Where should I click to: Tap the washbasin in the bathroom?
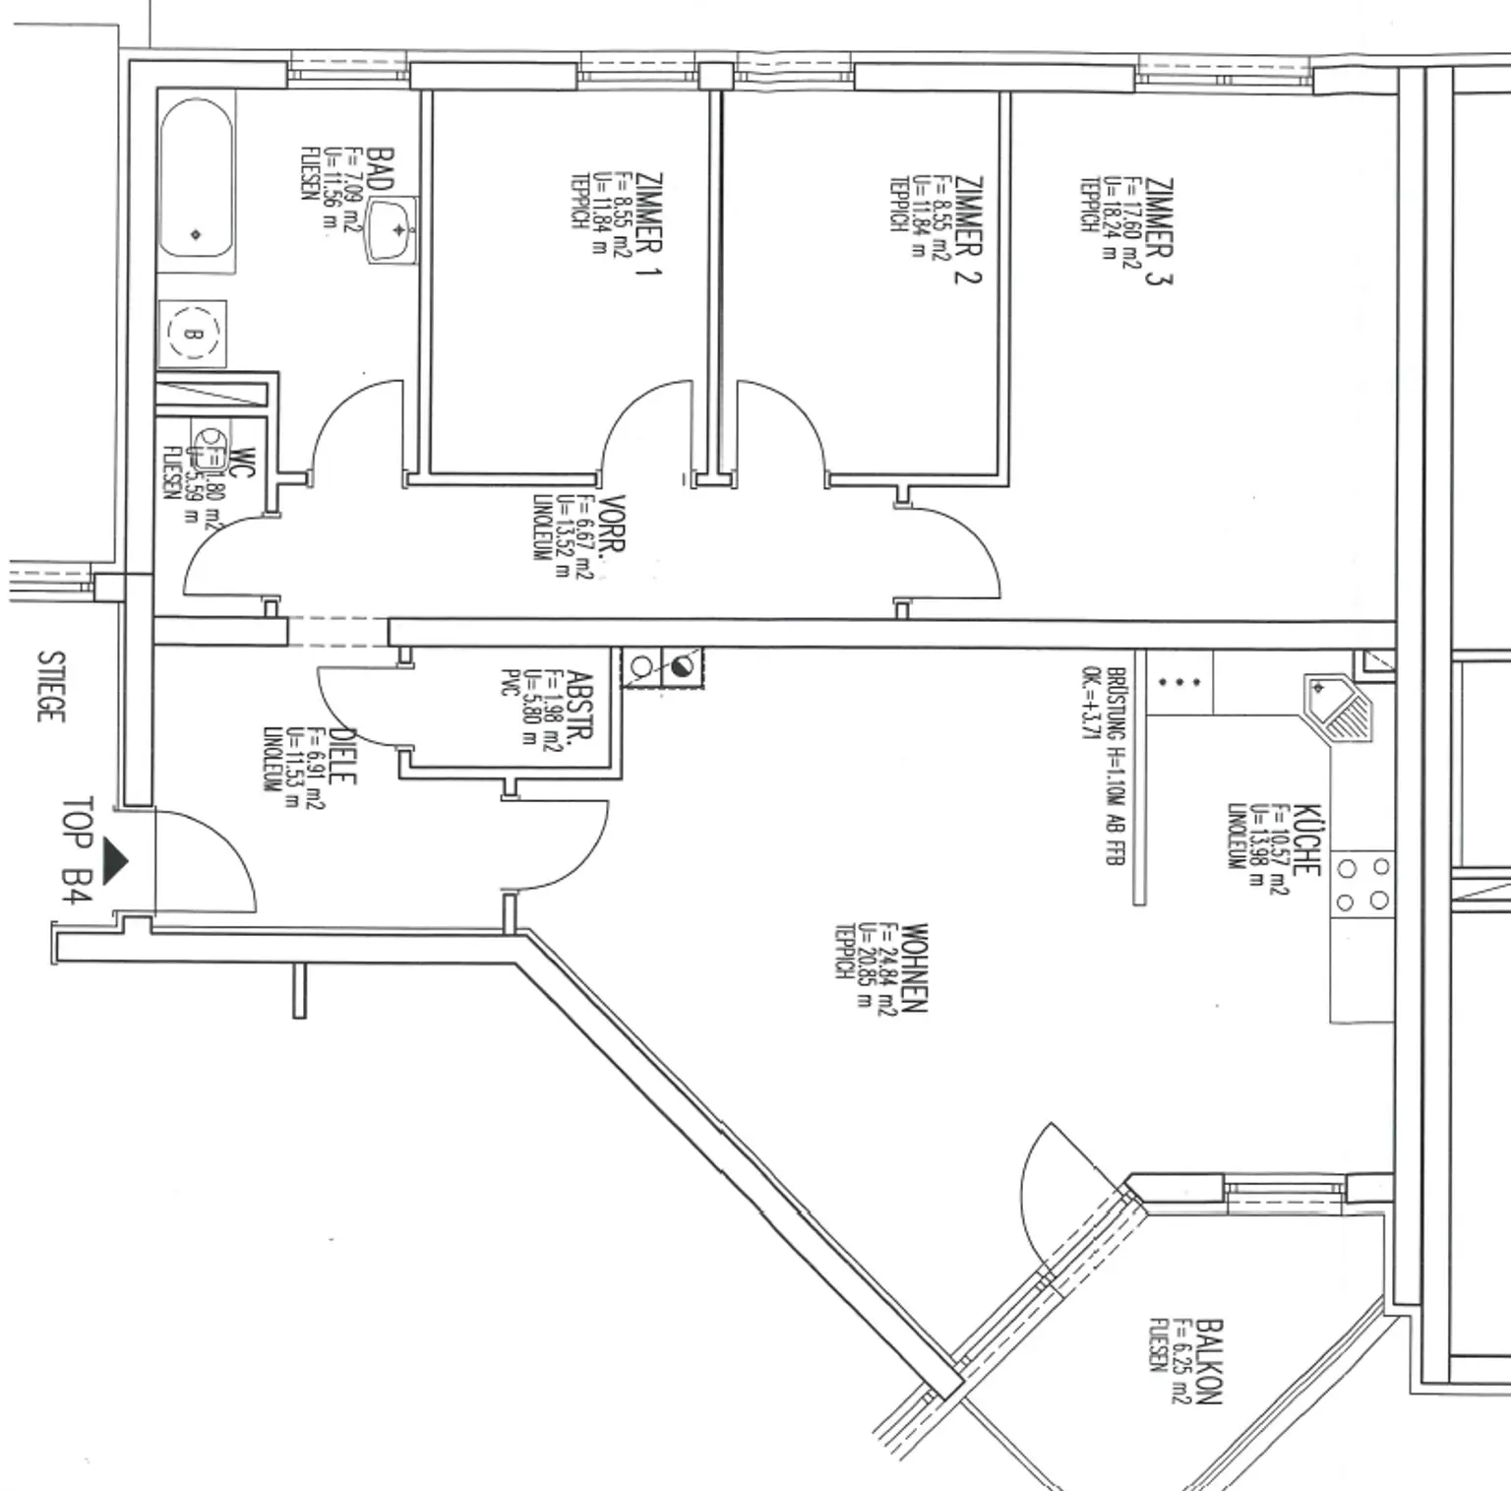393,230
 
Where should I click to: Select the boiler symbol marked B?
192,334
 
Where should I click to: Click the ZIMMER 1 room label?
648,224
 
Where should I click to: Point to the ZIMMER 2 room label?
967,229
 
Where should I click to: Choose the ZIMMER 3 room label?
1158,231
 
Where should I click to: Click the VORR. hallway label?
612,537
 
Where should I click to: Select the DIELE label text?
340,756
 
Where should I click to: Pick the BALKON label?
1209,1362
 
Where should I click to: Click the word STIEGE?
50,686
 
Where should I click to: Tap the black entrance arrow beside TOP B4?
114,862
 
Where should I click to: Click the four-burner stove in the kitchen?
1361,884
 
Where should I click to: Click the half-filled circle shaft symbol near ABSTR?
682,668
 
